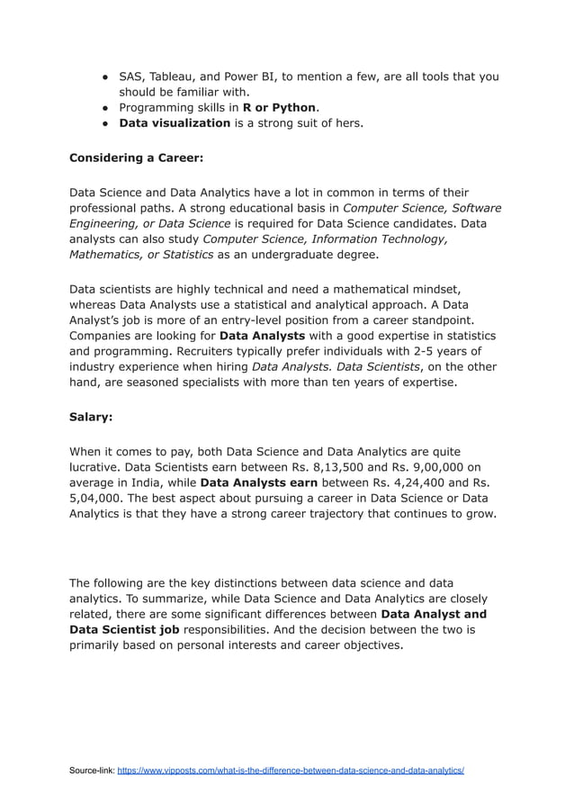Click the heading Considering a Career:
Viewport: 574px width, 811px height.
coord(136,158)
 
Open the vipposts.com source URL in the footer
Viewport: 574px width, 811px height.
coord(291,771)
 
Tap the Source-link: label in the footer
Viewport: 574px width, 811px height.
coord(92,771)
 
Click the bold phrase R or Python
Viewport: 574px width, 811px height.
coord(279,107)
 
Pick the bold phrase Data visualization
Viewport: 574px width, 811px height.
coord(175,122)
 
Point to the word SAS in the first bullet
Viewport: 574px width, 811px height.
coord(132,77)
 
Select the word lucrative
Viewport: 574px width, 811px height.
coord(97,466)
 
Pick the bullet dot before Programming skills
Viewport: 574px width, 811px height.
coord(105,108)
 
